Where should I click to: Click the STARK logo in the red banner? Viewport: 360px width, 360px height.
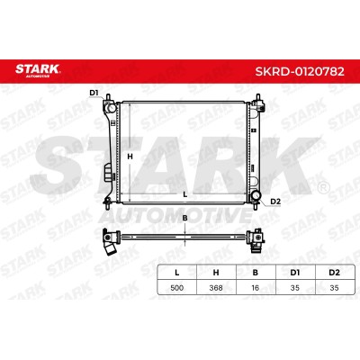[38, 70]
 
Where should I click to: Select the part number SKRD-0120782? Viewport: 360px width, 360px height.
[300, 71]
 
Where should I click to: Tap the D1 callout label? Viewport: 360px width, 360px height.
[94, 93]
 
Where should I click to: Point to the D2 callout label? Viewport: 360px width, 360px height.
[275, 202]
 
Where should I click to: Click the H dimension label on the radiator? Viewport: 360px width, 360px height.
[130, 157]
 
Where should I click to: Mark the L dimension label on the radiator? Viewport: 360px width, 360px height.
[185, 194]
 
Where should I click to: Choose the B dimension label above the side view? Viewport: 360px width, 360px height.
[185, 218]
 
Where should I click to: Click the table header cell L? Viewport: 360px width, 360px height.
[177, 273]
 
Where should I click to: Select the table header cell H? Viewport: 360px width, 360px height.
[216, 273]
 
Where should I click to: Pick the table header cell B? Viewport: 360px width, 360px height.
[256, 273]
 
